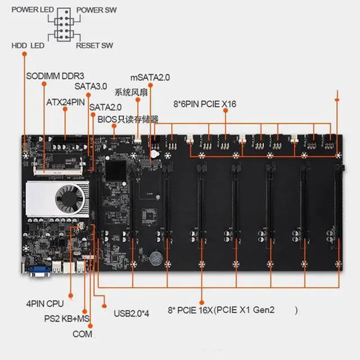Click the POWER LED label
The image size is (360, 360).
coord(33,10)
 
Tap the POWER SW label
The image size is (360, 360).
coord(96,10)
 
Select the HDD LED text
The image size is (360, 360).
coord(28,46)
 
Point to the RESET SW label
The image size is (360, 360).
coord(94,46)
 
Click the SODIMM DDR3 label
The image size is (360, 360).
coord(55,76)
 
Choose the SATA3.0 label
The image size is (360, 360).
coord(91,86)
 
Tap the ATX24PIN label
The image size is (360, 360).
coord(65,102)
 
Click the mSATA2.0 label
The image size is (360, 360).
coord(150,78)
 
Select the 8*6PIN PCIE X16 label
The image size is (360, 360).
coord(205,104)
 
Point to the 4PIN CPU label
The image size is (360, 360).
coord(45,304)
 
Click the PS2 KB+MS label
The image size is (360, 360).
coord(67,319)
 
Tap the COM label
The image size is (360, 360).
coord(82,334)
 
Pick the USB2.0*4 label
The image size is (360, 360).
coord(131,313)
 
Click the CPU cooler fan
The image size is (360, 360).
coord(70,199)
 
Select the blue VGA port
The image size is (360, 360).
coord(39,271)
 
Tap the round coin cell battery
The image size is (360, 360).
coord(156,258)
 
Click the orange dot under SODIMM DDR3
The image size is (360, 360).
coord(44,84)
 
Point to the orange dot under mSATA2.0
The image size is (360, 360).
coord(150,85)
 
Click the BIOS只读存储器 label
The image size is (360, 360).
coord(128,119)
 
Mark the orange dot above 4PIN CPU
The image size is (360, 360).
coord(71,295)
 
